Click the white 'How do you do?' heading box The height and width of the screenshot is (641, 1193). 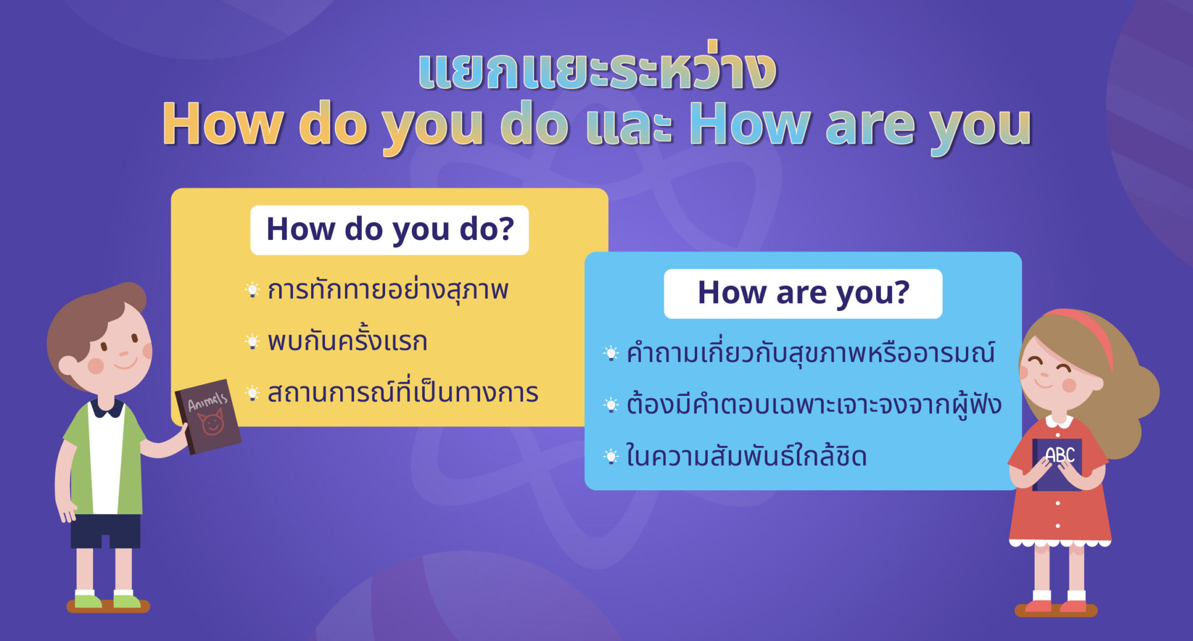pyautogui.click(x=389, y=230)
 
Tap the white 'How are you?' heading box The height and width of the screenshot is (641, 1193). pyautogui.click(x=803, y=293)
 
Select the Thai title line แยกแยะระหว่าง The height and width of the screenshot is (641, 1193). pyautogui.click(x=597, y=70)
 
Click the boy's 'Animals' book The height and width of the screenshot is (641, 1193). pyautogui.click(x=208, y=416)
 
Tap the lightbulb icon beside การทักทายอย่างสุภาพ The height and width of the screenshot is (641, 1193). pyautogui.click(x=252, y=289)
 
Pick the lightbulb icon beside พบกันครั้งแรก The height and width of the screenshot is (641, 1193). pyautogui.click(x=252, y=341)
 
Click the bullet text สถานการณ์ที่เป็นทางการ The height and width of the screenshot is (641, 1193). pyautogui.click(x=403, y=393)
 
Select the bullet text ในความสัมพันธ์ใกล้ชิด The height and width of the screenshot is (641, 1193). pyautogui.click(x=746, y=456)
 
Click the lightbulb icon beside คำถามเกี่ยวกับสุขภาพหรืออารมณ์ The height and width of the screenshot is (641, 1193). pyautogui.click(x=610, y=353)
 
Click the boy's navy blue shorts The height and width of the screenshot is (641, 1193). pyautogui.click(x=105, y=530)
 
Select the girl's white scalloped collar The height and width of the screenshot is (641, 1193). pyautogui.click(x=1059, y=420)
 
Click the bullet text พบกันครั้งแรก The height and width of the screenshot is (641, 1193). pyautogui.click(x=347, y=341)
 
